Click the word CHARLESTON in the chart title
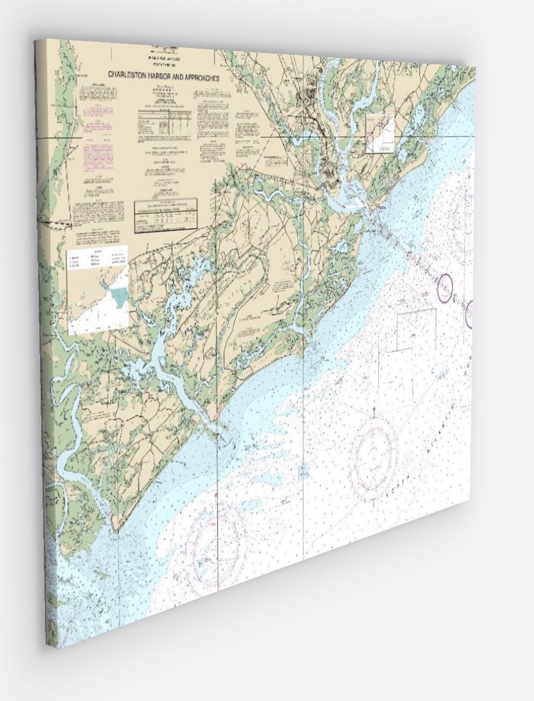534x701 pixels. (x=126, y=75)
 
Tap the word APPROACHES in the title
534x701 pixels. (x=198, y=77)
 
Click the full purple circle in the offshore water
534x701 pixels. (x=446, y=286)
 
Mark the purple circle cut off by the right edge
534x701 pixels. (x=469, y=314)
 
